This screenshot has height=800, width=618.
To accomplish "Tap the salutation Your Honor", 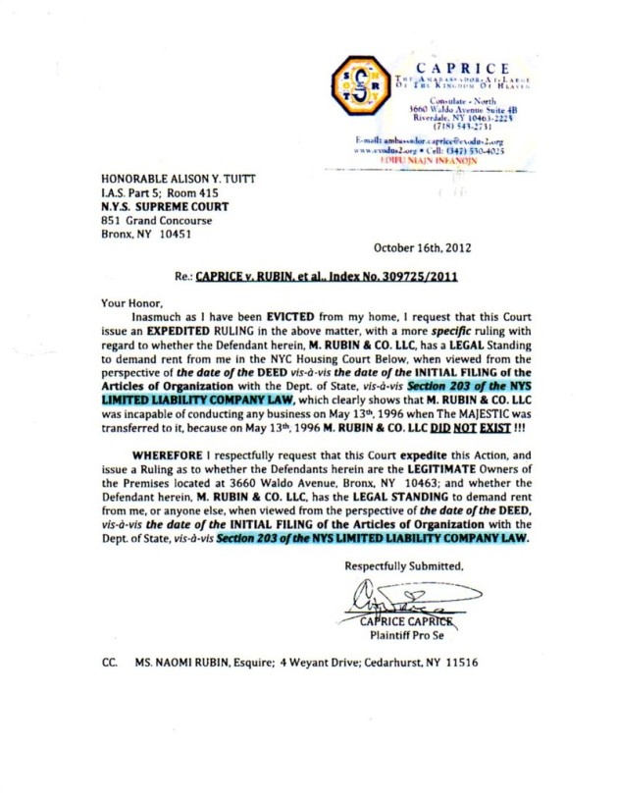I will pos(129,305).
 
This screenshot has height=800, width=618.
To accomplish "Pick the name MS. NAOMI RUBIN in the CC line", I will pos(180,663).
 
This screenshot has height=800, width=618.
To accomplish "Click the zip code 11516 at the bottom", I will pos(460,663).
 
